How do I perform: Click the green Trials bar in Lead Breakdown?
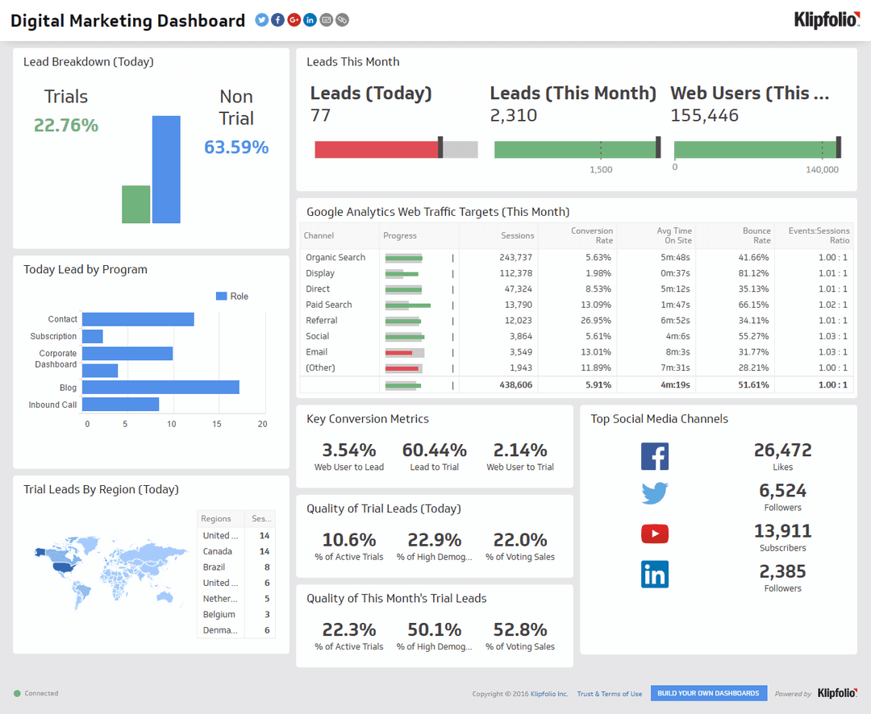pos(135,205)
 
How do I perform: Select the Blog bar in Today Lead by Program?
pos(160,387)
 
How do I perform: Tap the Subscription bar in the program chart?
pos(93,336)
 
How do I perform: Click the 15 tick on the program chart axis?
pos(217,424)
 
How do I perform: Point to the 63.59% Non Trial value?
pos(236,147)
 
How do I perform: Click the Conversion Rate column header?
pos(592,235)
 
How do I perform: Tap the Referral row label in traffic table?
pos(322,321)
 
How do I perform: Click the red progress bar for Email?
pos(399,352)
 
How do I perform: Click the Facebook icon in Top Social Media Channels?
pos(655,456)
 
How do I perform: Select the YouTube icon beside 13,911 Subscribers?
pos(655,533)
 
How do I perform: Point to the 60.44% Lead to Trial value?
pos(435,450)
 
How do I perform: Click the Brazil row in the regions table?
pos(215,567)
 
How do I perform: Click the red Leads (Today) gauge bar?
pos(376,149)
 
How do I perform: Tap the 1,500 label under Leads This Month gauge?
pos(601,170)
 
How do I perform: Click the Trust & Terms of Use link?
pos(609,694)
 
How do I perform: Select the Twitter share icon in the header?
pos(261,20)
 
